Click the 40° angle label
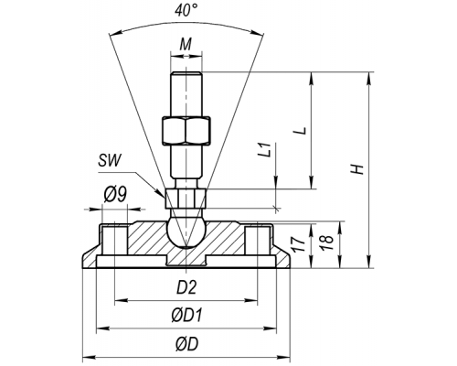coord(186,11)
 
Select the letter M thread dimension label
coord(186,45)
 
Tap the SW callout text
coord(110,160)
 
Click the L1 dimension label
coord(264,149)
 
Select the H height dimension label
coord(356,168)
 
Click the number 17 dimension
coord(299,243)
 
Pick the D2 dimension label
coord(186,287)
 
